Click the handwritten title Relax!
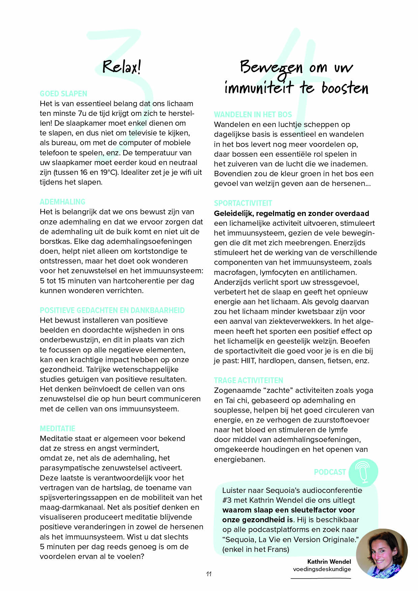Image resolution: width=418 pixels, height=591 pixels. [x=121, y=67]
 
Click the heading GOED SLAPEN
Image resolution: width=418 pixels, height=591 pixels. [x=63, y=94]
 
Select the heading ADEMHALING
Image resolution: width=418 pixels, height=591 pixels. [x=62, y=202]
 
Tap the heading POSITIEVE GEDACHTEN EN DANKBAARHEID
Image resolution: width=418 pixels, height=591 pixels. [x=112, y=310]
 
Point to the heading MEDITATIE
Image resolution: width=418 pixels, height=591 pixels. [x=57, y=429]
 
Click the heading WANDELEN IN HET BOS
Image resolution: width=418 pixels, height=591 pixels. [x=253, y=115]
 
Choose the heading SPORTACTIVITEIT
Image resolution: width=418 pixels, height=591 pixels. [x=243, y=203]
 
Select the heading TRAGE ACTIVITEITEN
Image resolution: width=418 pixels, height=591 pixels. [x=248, y=380]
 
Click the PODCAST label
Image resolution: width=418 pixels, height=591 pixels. [x=330, y=472]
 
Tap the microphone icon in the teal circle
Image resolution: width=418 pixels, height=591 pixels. [x=363, y=472]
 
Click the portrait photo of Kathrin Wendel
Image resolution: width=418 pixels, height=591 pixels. [x=382, y=553]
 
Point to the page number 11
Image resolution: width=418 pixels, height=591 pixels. [x=209, y=574]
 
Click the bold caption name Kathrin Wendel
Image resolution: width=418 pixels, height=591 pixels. [x=329, y=562]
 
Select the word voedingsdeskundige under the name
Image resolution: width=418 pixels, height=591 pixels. [x=322, y=569]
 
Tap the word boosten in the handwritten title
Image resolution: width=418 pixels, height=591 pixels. [x=345, y=88]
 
